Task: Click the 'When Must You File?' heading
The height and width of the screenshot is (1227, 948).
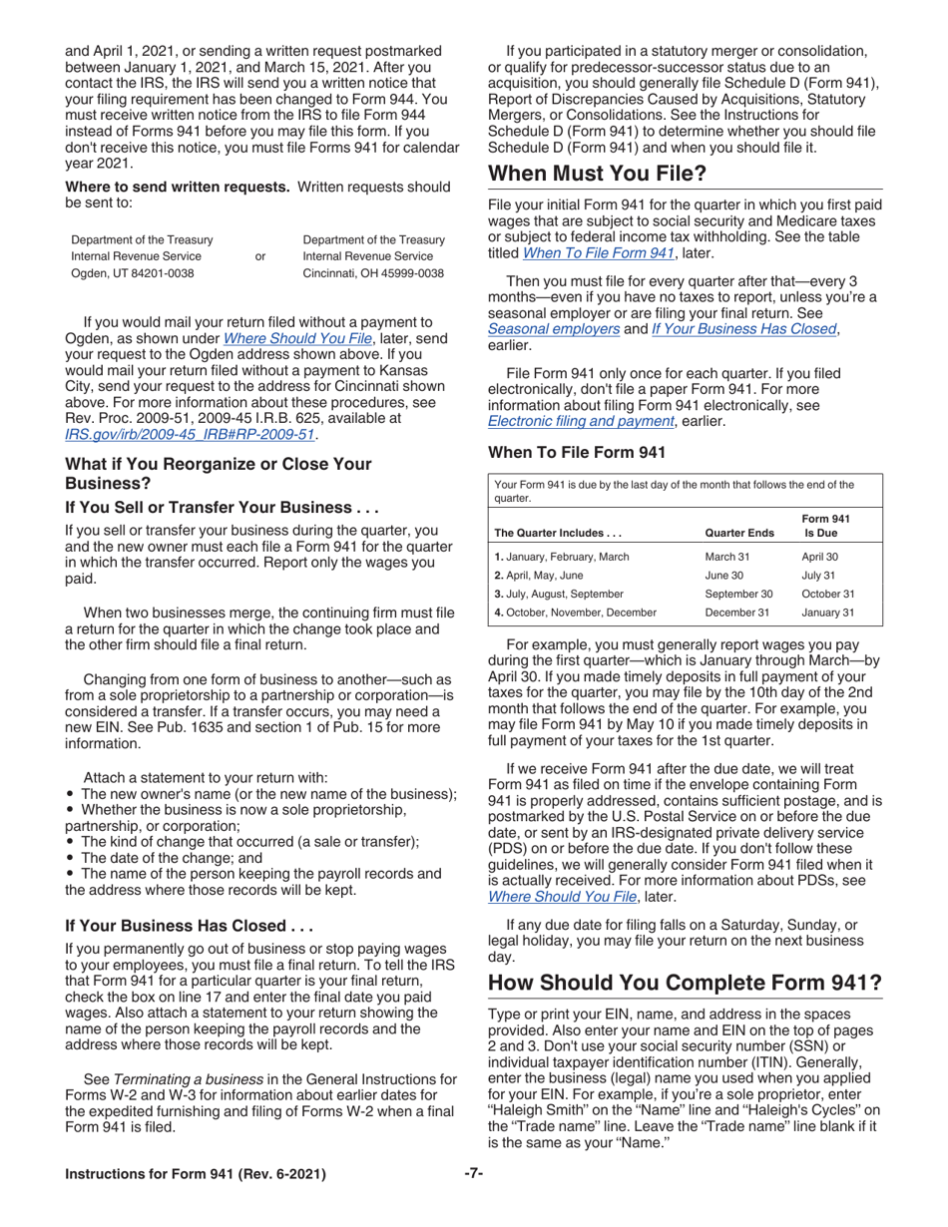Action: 597,174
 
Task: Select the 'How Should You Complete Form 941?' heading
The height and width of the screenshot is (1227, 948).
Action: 685,984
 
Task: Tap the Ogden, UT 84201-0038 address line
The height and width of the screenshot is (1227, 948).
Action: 133,272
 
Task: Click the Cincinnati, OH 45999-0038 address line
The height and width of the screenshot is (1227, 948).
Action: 372,272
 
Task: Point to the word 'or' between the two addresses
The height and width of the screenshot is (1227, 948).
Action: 260,256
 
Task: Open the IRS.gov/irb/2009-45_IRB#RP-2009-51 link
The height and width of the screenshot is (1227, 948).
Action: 190,434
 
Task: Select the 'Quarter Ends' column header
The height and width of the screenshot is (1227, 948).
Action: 738,532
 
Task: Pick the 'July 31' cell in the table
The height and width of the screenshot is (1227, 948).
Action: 818,576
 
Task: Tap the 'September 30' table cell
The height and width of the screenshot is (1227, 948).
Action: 739,594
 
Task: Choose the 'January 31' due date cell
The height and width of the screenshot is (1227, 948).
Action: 827,613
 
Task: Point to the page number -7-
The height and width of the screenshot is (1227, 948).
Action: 474,1174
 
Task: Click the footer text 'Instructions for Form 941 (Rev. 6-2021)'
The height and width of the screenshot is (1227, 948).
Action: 195,1174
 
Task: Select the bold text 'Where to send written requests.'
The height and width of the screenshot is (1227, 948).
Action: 178,187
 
